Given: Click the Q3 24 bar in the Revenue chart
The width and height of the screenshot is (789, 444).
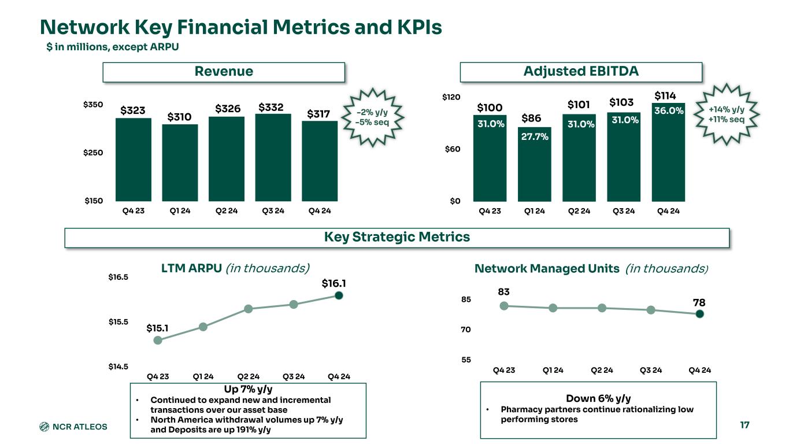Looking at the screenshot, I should (273, 157).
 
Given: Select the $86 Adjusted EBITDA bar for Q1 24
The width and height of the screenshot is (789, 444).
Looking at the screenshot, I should (535, 164).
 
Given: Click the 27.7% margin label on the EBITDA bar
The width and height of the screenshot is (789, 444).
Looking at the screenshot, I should (535, 137).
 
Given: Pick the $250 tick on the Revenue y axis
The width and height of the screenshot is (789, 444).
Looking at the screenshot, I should (92, 153).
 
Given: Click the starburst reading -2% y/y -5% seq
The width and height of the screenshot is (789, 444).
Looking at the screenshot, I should (372, 117).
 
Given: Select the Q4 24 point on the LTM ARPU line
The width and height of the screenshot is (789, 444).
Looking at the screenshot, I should (339, 295).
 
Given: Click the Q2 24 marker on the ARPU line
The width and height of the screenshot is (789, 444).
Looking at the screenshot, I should (248, 309).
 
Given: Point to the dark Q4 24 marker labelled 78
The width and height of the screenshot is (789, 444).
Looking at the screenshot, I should (699, 314).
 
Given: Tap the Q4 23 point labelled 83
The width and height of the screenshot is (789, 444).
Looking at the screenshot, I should (504, 306).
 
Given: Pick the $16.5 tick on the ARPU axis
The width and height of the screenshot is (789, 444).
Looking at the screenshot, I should (118, 277).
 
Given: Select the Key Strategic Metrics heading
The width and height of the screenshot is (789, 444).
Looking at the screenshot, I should (396, 237).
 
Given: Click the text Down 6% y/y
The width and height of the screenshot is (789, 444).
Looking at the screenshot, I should (598, 398).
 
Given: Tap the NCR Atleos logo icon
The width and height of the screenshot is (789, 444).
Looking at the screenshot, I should (45, 427).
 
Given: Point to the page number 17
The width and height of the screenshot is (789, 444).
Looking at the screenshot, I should (744, 425).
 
